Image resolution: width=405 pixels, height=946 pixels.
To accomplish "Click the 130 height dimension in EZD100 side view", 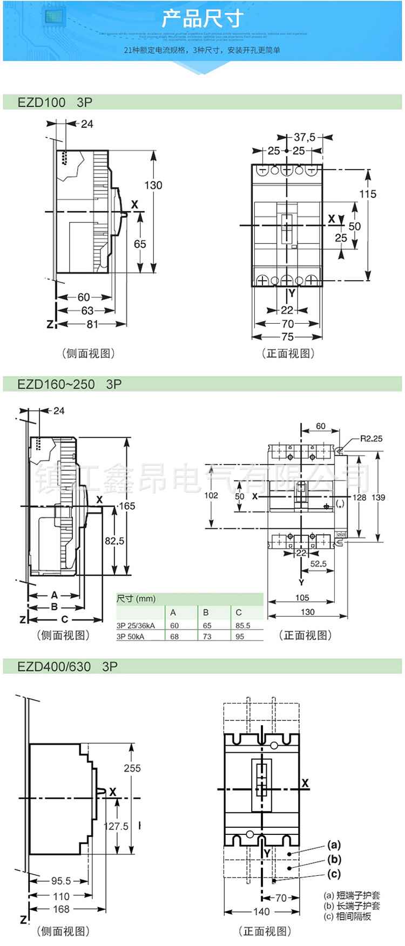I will [153, 185].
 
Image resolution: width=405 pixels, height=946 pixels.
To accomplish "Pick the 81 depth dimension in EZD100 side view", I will [93, 324].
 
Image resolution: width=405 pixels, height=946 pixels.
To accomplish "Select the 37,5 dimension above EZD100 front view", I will [305, 138].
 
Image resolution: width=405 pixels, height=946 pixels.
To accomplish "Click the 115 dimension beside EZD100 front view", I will [368, 194].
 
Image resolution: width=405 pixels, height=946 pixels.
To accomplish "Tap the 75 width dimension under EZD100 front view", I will [287, 337].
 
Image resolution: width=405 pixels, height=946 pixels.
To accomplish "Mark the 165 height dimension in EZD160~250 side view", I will [127, 506].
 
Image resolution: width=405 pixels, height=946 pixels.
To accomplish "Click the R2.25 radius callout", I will [371, 439].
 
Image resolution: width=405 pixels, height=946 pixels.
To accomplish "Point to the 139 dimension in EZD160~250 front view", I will [379, 498].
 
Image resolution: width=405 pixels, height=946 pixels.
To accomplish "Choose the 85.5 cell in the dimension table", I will [243, 625].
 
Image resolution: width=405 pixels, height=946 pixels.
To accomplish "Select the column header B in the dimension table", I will [206, 612].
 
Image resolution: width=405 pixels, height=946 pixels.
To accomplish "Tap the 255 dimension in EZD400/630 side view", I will [132, 768].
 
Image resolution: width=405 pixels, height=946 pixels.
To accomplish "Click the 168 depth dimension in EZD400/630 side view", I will [61, 909].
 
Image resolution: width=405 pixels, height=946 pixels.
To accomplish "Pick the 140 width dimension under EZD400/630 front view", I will [261, 911].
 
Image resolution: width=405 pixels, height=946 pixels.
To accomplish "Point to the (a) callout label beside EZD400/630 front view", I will [334, 845].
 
